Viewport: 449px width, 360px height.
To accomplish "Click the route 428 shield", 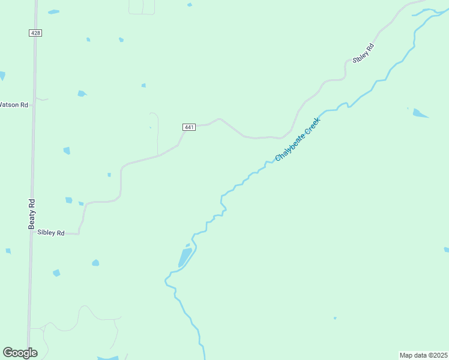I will pyautogui.click(x=35, y=33).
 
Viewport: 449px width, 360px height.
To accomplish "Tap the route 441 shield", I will pyautogui.click(x=188, y=127).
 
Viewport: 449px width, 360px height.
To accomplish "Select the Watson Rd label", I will pyautogui.click(x=14, y=104).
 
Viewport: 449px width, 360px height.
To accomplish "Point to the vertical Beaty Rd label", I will pyautogui.click(x=32, y=214).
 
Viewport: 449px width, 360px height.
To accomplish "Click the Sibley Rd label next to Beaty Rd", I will pyautogui.click(x=50, y=232).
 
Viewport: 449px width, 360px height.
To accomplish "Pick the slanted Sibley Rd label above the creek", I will pyautogui.click(x=363, y=53).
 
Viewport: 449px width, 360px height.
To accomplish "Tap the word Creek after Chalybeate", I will pyautogui.click(x=313, y=125).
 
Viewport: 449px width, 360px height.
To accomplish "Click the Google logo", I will pyautogui.click(x=20, y=353).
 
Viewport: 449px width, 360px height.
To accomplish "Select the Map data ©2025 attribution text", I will pyautogui.click(x=423, y=355).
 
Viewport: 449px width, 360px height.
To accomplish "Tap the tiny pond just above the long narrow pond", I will pyautogui.click(x=188, y=245).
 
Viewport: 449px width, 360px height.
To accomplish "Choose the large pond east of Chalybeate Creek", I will pyautogui.click(x=420, y=113).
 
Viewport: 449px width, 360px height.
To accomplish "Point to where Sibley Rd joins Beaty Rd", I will pyautogui.click(x=31, y=233).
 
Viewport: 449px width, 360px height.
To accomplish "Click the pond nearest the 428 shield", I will pyautogui.click(x=53, y=12).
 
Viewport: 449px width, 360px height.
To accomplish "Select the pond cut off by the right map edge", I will pyautogui.click(x=446, y=250).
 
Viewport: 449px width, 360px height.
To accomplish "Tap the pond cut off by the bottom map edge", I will pyautogui.click(x=108, y=358).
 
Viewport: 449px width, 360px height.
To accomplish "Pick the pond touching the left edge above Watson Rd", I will pyautogui.click(x=2, y=76).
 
